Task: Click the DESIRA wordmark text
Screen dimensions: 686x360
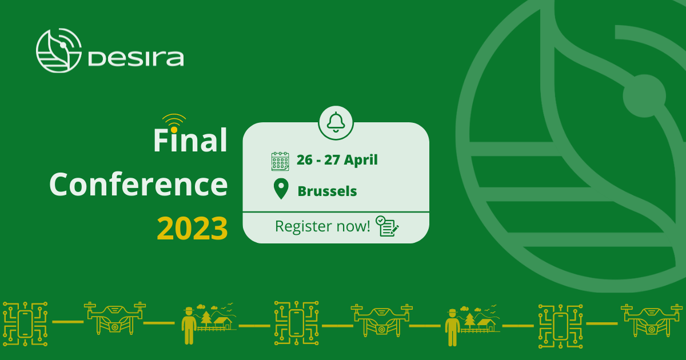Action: coord(136,58)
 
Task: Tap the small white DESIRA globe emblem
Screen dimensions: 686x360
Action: coord(59,50)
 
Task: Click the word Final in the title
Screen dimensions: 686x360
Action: coord(190,140)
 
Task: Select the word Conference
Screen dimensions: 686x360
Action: coord(138,185)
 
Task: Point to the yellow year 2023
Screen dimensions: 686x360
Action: coord(192,229)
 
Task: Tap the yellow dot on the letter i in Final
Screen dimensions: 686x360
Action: coord(174,130)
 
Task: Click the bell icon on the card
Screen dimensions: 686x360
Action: coord(336,122)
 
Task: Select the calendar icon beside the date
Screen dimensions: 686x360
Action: coord(280,161)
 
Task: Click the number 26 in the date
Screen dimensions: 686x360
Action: coord(304,160)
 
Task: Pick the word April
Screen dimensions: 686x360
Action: coord(361,161)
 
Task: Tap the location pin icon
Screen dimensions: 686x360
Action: coord(281,189)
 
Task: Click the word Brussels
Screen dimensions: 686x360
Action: coord(328,191)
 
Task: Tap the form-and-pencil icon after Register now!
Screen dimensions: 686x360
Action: coord(388,226)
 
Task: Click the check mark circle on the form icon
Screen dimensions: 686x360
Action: coord(380,220)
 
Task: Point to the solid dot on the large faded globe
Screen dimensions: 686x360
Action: coord(644,96)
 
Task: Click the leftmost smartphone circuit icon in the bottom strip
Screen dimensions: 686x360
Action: coord(25,323)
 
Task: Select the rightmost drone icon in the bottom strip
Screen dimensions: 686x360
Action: coord(652,320)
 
